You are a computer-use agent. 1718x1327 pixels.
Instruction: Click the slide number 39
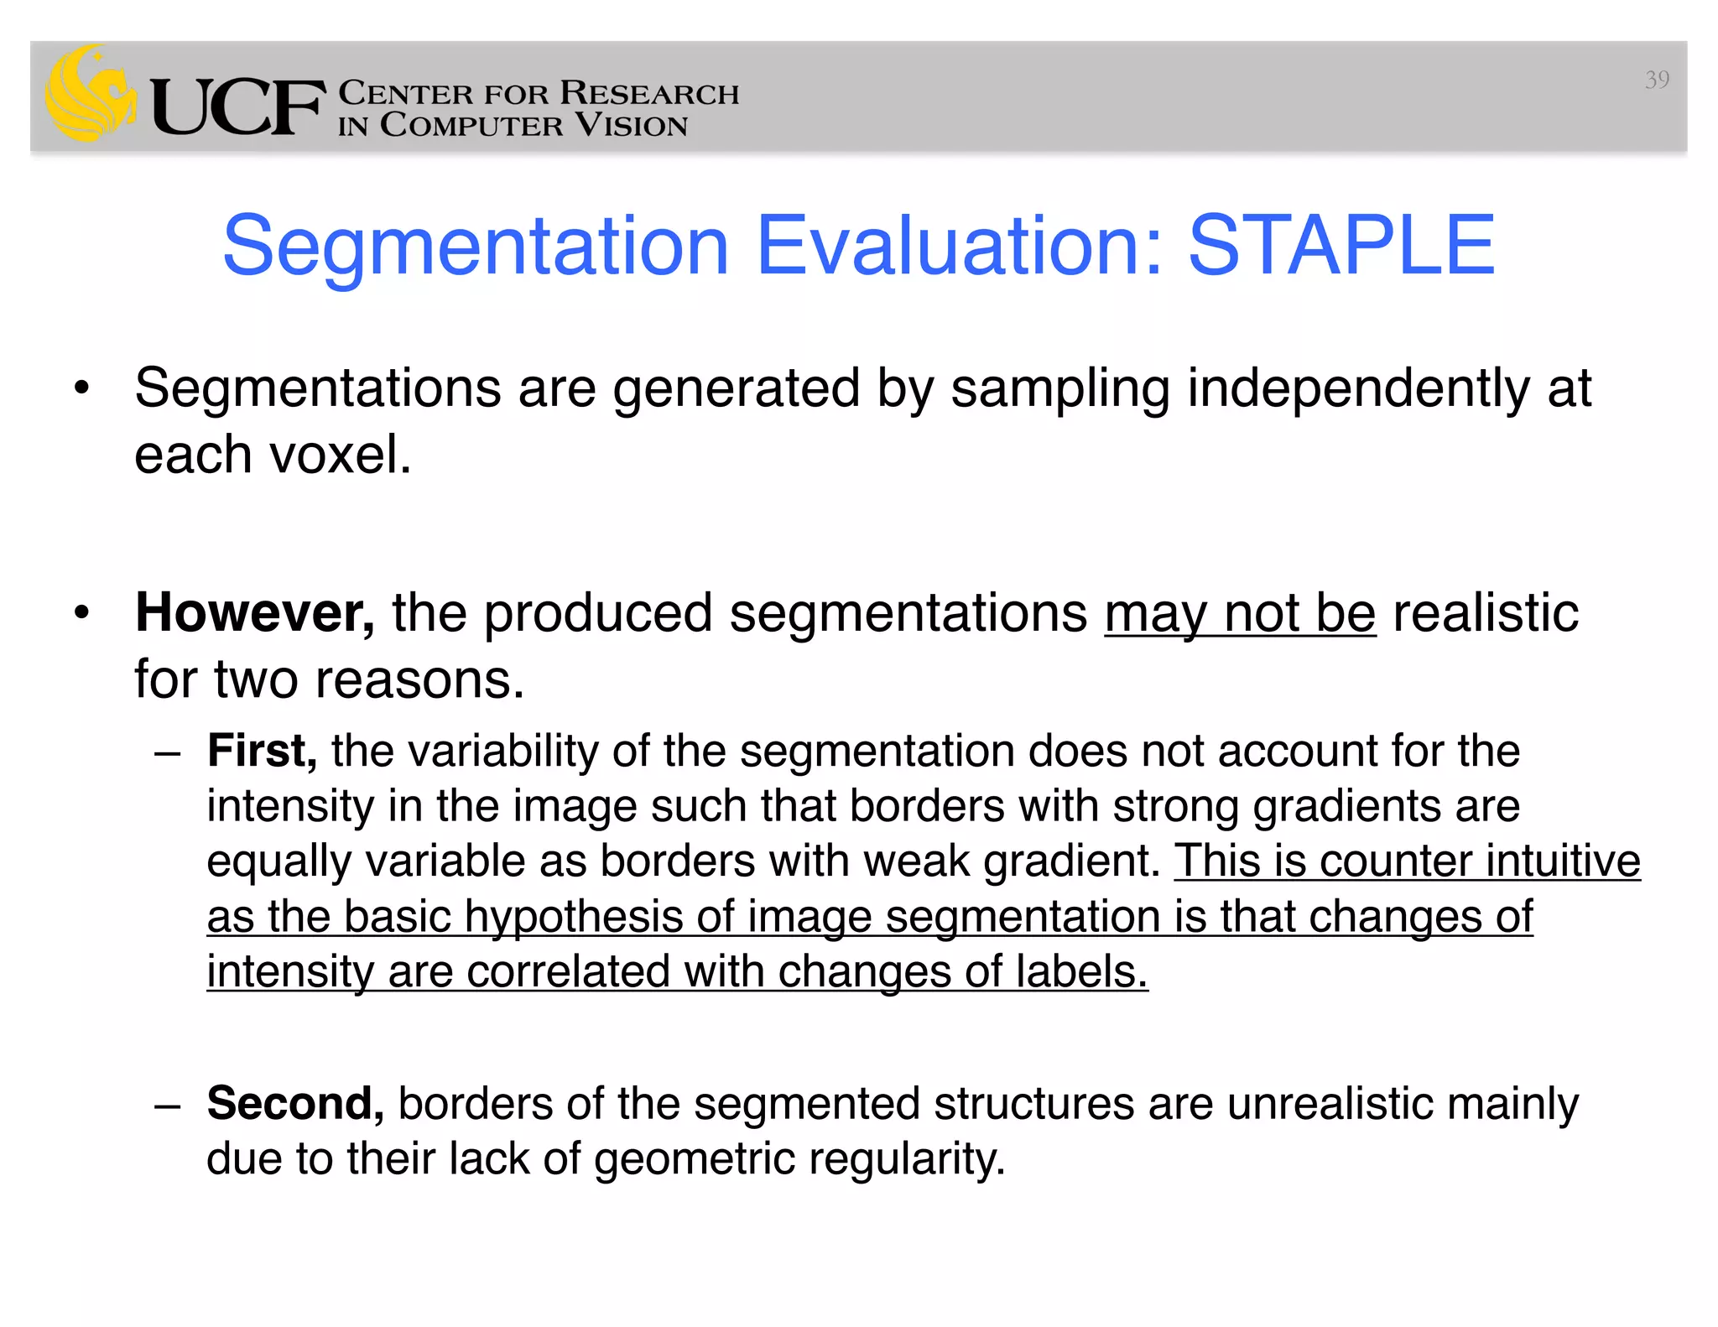1656,80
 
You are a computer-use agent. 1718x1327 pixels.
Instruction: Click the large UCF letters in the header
237,107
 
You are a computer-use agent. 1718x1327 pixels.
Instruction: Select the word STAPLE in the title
1341,245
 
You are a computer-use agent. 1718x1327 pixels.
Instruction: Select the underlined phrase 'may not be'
1240,613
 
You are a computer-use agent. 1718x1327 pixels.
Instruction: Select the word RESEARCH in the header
649,93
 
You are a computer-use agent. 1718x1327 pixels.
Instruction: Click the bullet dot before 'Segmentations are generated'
81,388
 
